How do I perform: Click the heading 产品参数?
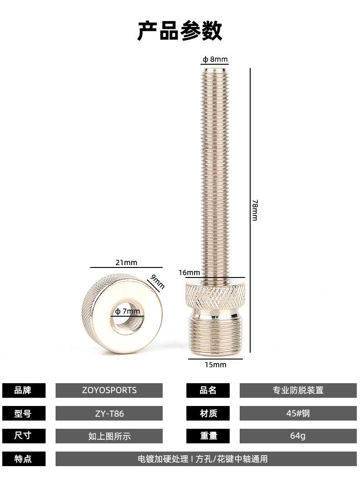coord(180,31)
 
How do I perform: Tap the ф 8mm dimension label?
coord(215,59)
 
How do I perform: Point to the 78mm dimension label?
coord(255,210)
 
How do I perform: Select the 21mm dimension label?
coord(126,262)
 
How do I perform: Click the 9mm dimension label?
coord(157,282)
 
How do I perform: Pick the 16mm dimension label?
coord(189,272)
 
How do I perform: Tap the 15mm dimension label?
coord(215,365)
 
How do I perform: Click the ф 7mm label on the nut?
coord(128,311)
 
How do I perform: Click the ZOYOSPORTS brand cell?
coord(109,390)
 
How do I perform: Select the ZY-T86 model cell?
coord(109,413)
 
